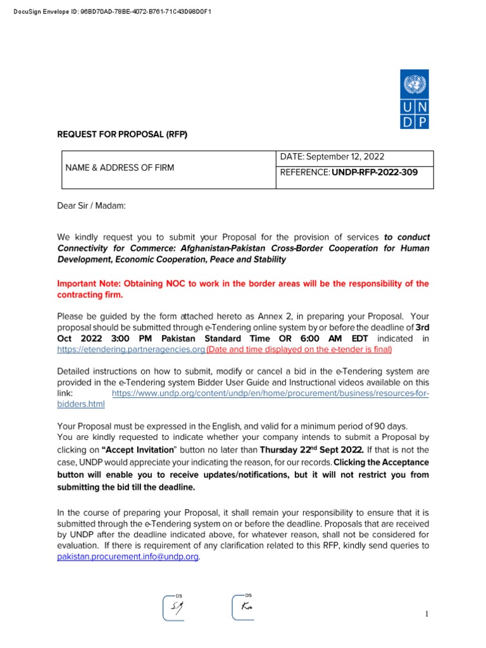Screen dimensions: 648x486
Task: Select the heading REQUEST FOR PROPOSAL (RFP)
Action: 123,135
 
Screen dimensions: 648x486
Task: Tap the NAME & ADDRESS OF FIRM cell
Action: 120,168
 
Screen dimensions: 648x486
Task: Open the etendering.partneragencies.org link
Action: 131,349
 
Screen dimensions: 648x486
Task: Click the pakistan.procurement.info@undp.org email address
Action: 128,557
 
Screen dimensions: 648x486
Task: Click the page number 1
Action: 427,614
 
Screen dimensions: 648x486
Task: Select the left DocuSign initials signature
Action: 173,608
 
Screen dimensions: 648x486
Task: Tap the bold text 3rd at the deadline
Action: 423,327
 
